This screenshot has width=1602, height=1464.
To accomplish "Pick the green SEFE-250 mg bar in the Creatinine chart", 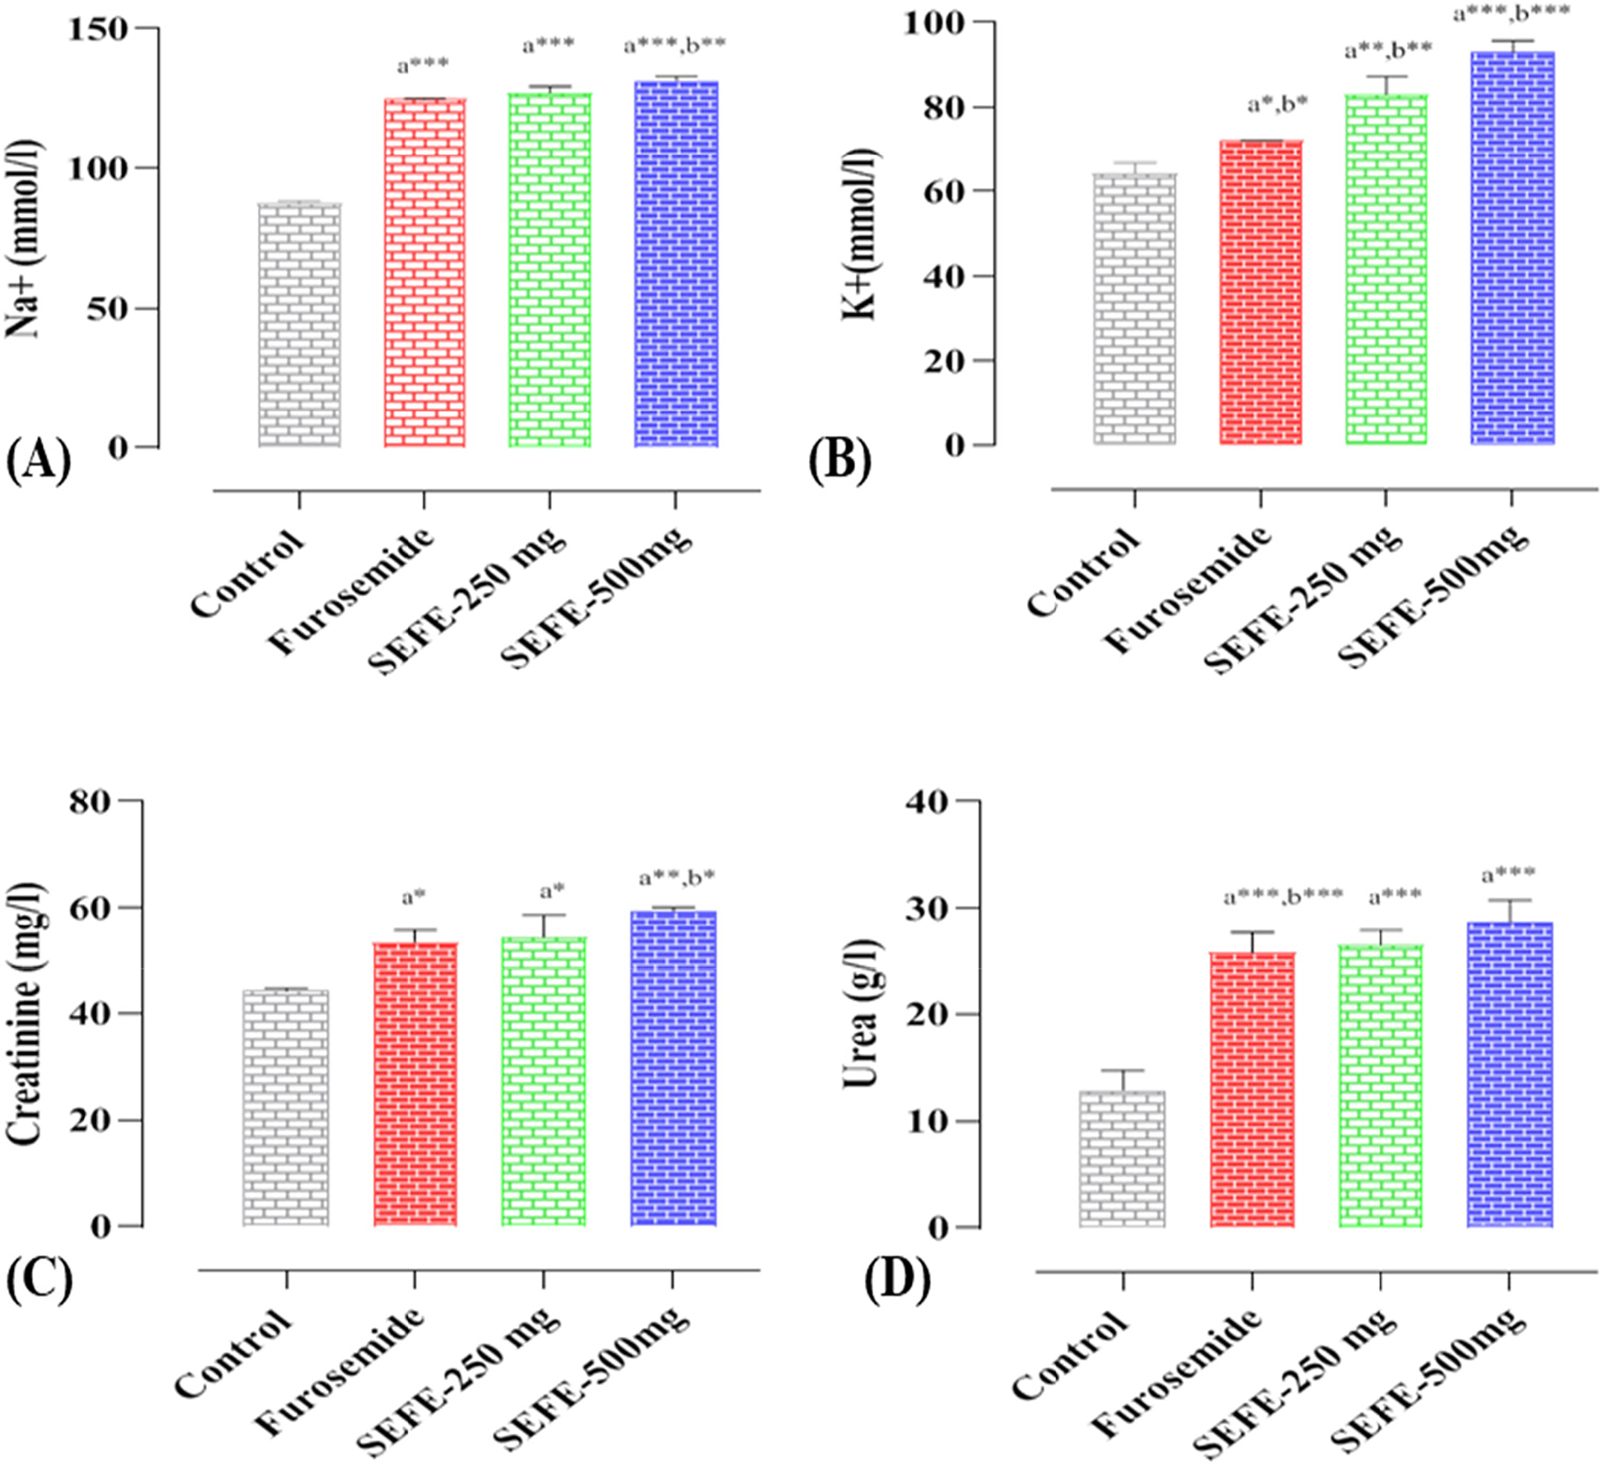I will tap(543, 1081).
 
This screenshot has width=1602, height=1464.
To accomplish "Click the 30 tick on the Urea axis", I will tap(926, 908).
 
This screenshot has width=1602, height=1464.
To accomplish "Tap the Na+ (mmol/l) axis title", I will tap(25, 238).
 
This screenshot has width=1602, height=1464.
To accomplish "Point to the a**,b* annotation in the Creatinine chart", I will tap(678, 878).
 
